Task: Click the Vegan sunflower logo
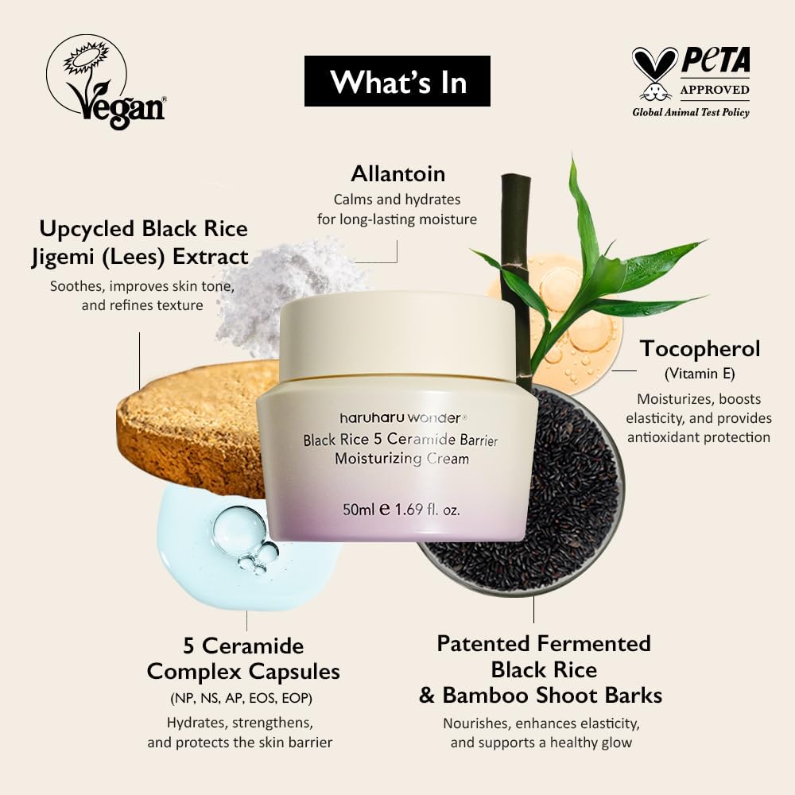click(106, 82)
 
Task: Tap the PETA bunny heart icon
click(654, 73)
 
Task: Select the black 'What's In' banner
click(397, 81)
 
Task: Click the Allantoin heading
click(398, 174)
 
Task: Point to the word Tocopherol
click(700, 349)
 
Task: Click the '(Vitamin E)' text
click(700, 374)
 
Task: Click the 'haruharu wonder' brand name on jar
click(401, 418)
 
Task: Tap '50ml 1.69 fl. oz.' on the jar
click(401, 509)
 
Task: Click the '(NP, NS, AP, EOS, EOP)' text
click(242, 698)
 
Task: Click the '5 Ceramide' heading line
click(243, 646)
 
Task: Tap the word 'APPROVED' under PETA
click(715, 90)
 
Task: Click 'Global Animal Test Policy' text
click(691, 113)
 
